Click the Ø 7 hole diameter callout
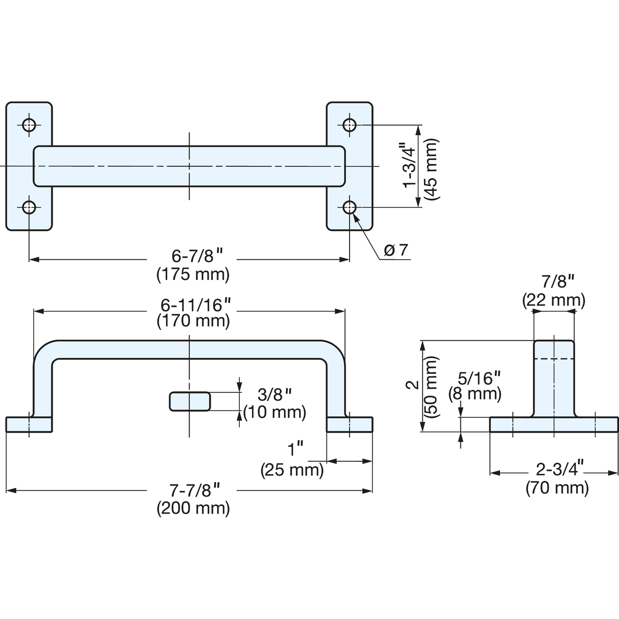click(396, 250)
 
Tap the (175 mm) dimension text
click(193, 275)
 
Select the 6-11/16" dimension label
click(196, 305)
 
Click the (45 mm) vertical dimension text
click(431, 170)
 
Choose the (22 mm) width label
click(554, 300)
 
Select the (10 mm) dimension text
click(275, 412)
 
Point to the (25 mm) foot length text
click(292, 470)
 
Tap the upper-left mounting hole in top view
click(29, 125)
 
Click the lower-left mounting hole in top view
click(29, 207)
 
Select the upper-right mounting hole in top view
click(350, 125)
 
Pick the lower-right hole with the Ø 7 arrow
click(350, 207)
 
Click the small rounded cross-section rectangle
click(190, 401)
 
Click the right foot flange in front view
click(350, 424)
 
